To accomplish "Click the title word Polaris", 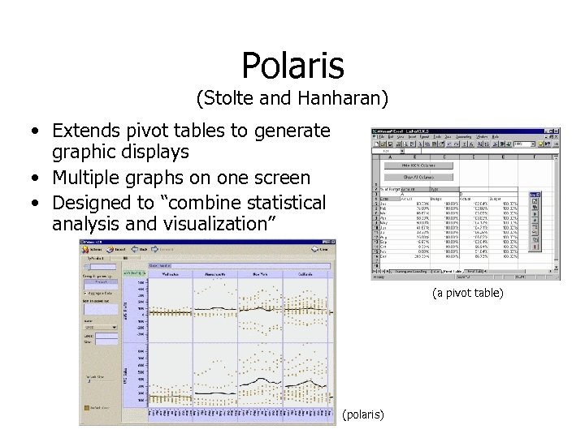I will [x=292, y=66].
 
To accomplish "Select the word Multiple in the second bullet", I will [x=83, y=178].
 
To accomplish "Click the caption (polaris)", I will [x=363, y=414].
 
